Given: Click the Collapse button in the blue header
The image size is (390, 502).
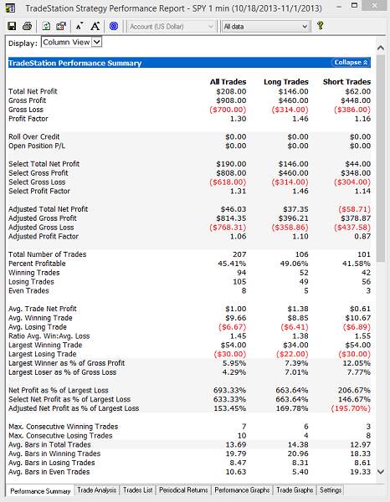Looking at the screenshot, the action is (x=351, y=63).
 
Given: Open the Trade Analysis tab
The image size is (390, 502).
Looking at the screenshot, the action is (x=97, y=490).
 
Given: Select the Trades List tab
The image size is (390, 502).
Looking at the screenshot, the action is (x=138, y=490).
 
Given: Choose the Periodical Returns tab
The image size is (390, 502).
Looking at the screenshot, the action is (x=183, y=490).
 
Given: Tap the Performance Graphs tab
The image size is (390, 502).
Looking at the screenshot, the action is (x=242, y=490).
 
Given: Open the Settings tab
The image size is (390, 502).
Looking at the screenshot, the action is (x=331, y=490).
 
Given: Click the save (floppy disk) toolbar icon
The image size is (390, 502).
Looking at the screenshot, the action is (x=12, y=26).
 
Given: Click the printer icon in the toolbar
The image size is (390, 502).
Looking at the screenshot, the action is (x=28, y=26).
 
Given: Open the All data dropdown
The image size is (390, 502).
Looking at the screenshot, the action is (x=265, y=27).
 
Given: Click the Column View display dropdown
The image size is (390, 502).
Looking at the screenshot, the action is (x=71, y=43).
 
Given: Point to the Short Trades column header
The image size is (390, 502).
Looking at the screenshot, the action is (x=346, y=82).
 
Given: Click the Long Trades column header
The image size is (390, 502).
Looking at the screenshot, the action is (x=286, y=82).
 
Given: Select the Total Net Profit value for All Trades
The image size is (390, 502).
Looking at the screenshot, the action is (x=231, y=91).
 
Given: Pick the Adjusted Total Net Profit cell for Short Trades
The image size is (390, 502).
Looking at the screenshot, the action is (x=355, y=209).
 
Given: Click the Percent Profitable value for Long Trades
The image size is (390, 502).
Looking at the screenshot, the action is (x=293, y=264).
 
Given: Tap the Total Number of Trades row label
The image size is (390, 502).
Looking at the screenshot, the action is (x=48, y=254).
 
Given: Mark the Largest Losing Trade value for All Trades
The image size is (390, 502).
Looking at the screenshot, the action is (x=230, y=354).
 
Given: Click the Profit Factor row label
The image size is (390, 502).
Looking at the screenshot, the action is (x=28, y=119).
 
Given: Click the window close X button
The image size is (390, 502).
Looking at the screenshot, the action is (x=375, y=6).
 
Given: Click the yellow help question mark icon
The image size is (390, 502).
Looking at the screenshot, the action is (x=320, y=26).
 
